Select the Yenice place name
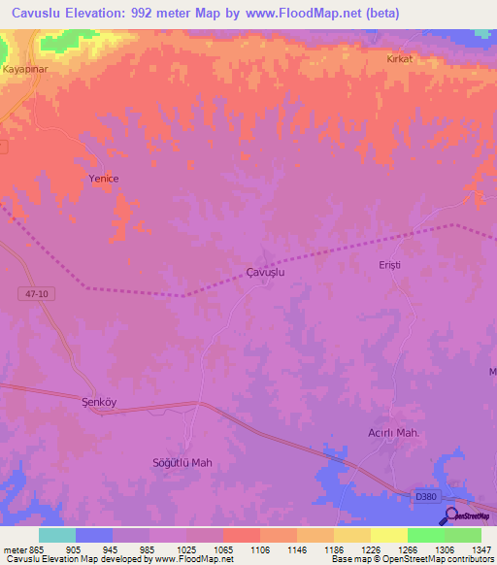pos(104,179)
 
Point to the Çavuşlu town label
pos(265,274)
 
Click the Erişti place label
pos(389,264)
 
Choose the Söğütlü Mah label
pos(182,462)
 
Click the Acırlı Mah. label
pos(393,433)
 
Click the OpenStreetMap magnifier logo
pos(449,515)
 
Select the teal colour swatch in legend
pos(56,535)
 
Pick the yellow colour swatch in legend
pos(388,535)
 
